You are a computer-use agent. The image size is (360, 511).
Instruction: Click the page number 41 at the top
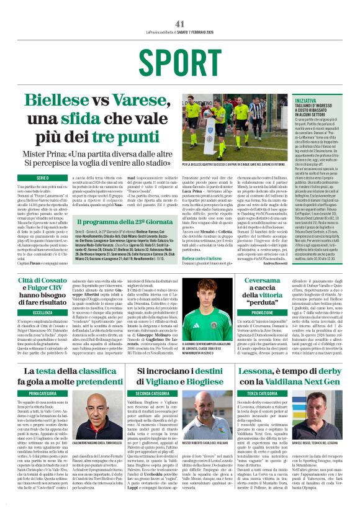coord(180,24)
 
